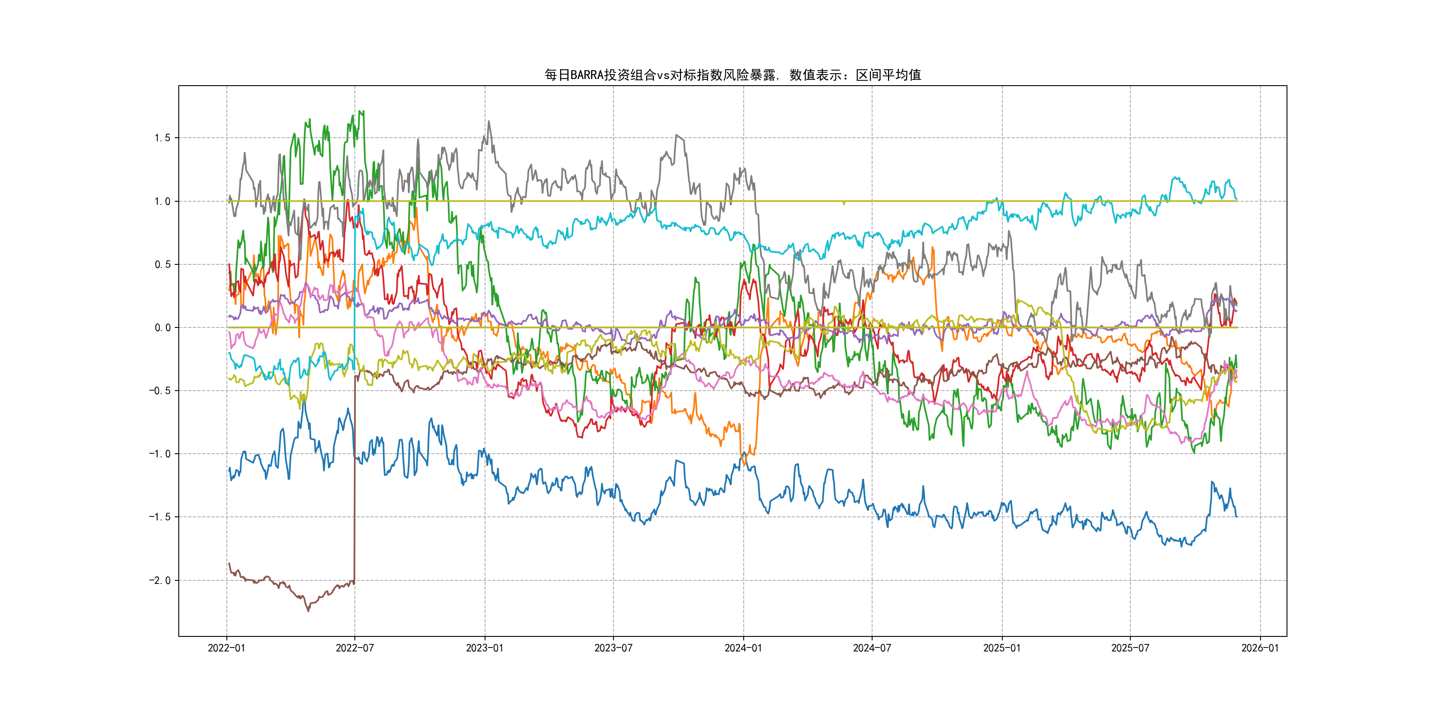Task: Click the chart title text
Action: pyautogui.click(x=732, y=75)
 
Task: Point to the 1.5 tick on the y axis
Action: pyautogui.click(x=162, y=138)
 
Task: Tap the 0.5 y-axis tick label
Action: pyautogui.click(x=162, y=264)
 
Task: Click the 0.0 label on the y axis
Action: pyautogui.click(x=162, y=327)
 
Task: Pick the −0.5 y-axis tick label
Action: pyautogui.click(x=159, y=391)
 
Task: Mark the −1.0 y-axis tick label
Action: pyautogui.click(x=159, y=454)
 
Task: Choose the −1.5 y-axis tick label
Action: pyautogui.click(x=159, y=517)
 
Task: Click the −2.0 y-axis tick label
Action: pyautogui.click(x=159, y=580)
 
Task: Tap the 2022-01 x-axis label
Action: pyautogui.click(x=226, y=648)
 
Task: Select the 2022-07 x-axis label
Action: pyautogui.click(x=355, y=648)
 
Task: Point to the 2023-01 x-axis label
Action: pyautogui.click(x=485, y=648)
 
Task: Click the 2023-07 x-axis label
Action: pyautogui.click(x=613, y=648)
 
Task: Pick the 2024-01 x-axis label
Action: pyautogui.click(x=743, y=648)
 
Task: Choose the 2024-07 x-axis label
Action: pyautogui.click(x=872, y=648)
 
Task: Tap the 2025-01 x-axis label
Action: pyautogui.click(x=1002, y=648)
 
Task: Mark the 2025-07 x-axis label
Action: pyautogui.click(x=1130, y=648)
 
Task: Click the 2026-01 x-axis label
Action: pyautogui.click(x=1260, y=648)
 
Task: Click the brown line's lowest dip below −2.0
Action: pyautogui.click(x=309, y=611)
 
